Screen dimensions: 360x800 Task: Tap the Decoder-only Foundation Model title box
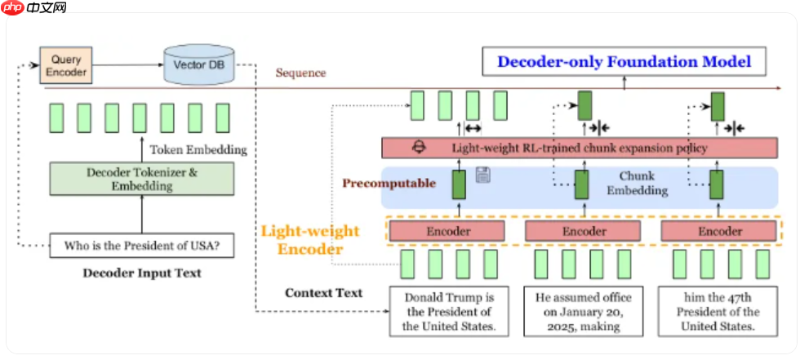pos(624,61)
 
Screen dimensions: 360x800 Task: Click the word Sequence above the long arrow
pos(300,73)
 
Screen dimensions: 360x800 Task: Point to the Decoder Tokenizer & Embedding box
pos(141,179)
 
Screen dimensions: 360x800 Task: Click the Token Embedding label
pos(198,149)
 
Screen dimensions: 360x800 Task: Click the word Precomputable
pos(389,183)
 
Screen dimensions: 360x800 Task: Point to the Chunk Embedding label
pos(642,183)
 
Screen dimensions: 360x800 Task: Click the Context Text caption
pos(323,292)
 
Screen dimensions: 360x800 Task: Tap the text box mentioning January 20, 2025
pos(583,312)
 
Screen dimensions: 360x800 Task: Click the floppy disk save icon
pos(482,175)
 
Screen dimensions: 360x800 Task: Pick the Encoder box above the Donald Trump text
pos(448,231)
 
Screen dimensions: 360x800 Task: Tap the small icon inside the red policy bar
pos(420,148)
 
